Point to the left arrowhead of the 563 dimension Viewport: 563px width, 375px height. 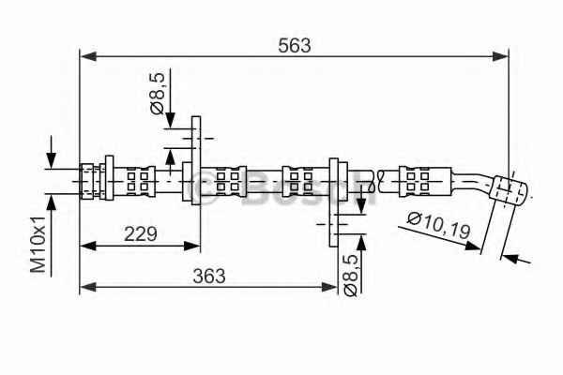click(85, 56)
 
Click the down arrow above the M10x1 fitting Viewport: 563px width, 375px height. click(52, 160)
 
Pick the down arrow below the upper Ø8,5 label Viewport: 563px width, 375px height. click(169, 118)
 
